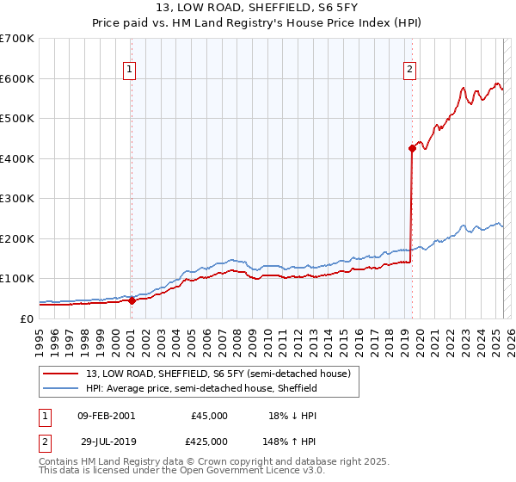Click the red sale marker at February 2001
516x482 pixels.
pyautogui.click(x=132, y=300)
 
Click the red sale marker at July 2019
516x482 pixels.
pyautogui.click(x=412, y=149)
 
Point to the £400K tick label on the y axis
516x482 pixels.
pyautogui.click(x=17, y=158)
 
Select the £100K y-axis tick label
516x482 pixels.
pyautogui.click(x=17, y=278)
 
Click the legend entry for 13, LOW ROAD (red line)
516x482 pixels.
pyautogui.click(x=218, y=374)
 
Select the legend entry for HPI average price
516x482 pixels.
pyautogui.click(x=201, y=388)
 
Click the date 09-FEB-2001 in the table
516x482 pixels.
pyautogui.click(x=106, y=416)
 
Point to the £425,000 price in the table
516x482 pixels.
pyautogui.click(x=210, y=441)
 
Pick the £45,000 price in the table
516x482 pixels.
pyautogui.click(x=210, y=416)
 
